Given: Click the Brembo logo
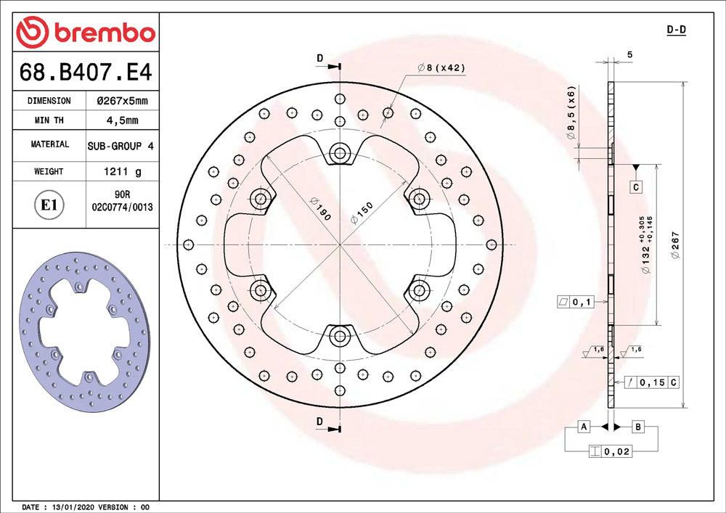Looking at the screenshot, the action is [x=86, y=33].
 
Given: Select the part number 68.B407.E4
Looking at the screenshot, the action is [x=86, y=72].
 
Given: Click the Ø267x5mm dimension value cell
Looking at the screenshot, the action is [x=122, y=101].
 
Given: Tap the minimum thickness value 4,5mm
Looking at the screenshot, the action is [x=122, y=120].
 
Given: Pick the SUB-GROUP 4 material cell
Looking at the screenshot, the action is [x=121, y=146].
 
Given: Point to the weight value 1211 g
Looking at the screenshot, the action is [x=122, y=172].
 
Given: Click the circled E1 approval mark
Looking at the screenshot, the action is [x=49, y=205].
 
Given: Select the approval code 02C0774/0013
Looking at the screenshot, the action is [x=122, y=208].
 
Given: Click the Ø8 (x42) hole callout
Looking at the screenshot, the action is [x=441, y=67].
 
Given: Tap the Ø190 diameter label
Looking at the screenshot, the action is [x=321, y=209].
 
